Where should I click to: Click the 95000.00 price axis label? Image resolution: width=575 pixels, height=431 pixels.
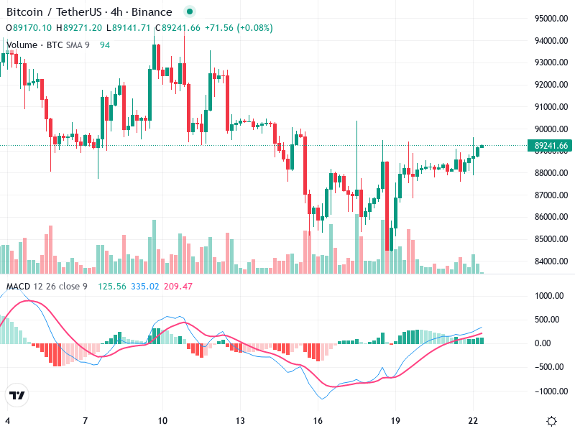(x=551, y=18)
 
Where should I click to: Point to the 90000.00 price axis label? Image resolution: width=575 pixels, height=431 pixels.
(x=551, y=129)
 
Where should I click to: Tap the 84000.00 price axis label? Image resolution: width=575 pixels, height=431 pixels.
(x=551, y=261)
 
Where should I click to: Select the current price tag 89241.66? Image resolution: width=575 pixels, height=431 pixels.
(x=551, y=146)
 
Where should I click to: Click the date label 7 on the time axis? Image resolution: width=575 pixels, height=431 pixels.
(x=85, y=420)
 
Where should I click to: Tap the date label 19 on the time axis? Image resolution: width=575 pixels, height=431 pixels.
(x=395, y=420)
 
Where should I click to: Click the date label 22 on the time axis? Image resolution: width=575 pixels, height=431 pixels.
(x=472, y=420)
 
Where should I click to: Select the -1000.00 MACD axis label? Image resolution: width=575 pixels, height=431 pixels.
(x=550, y=391)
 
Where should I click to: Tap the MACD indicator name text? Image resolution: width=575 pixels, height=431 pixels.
(x=19, y=287)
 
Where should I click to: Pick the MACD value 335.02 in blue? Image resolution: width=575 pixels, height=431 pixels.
(x=144, y=287)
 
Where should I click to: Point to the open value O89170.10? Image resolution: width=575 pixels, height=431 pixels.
(x=29, y=28)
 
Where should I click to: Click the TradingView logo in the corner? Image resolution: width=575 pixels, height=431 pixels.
(x=17, y=396)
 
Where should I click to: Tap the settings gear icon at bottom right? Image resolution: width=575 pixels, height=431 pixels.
(x=551, y=421)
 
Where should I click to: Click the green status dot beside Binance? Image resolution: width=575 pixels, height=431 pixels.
(x=189, y=12)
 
